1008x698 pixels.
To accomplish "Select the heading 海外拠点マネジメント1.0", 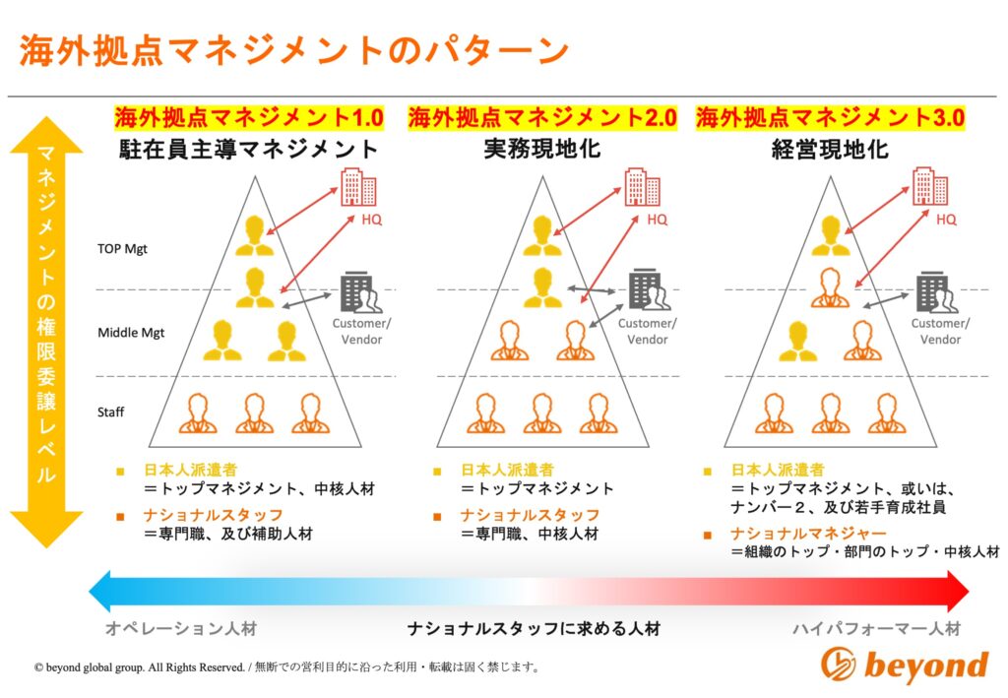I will coord(248,118).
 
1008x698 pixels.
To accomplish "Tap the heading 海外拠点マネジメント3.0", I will coord(830,118).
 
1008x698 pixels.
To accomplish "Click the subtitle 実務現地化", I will coord(541,150).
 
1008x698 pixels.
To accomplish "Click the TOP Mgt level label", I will coord(122,249).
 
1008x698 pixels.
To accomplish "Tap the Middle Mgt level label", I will coord(131,333).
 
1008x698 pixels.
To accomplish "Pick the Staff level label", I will coord(110,412).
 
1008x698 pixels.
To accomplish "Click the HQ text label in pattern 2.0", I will coord(657,220).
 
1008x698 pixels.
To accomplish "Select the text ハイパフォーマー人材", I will coord(876,628).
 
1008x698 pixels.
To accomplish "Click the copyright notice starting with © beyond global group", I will coord(285,666).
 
